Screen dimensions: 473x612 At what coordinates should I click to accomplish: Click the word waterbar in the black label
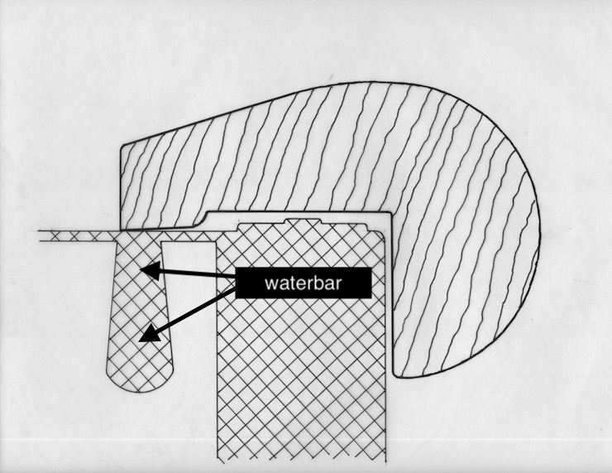(x=302, y=283)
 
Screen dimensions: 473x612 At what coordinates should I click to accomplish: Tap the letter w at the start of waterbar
(x=270, y=283)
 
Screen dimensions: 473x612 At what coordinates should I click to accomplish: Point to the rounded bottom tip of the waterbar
(x=136, y=390)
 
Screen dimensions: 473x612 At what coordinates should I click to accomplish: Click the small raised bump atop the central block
(x=302, y=221)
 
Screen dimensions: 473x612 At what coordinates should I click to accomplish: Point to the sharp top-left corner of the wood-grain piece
(x=122, y=147)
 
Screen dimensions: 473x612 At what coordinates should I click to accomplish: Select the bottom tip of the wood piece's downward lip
(x=396, y=378)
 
